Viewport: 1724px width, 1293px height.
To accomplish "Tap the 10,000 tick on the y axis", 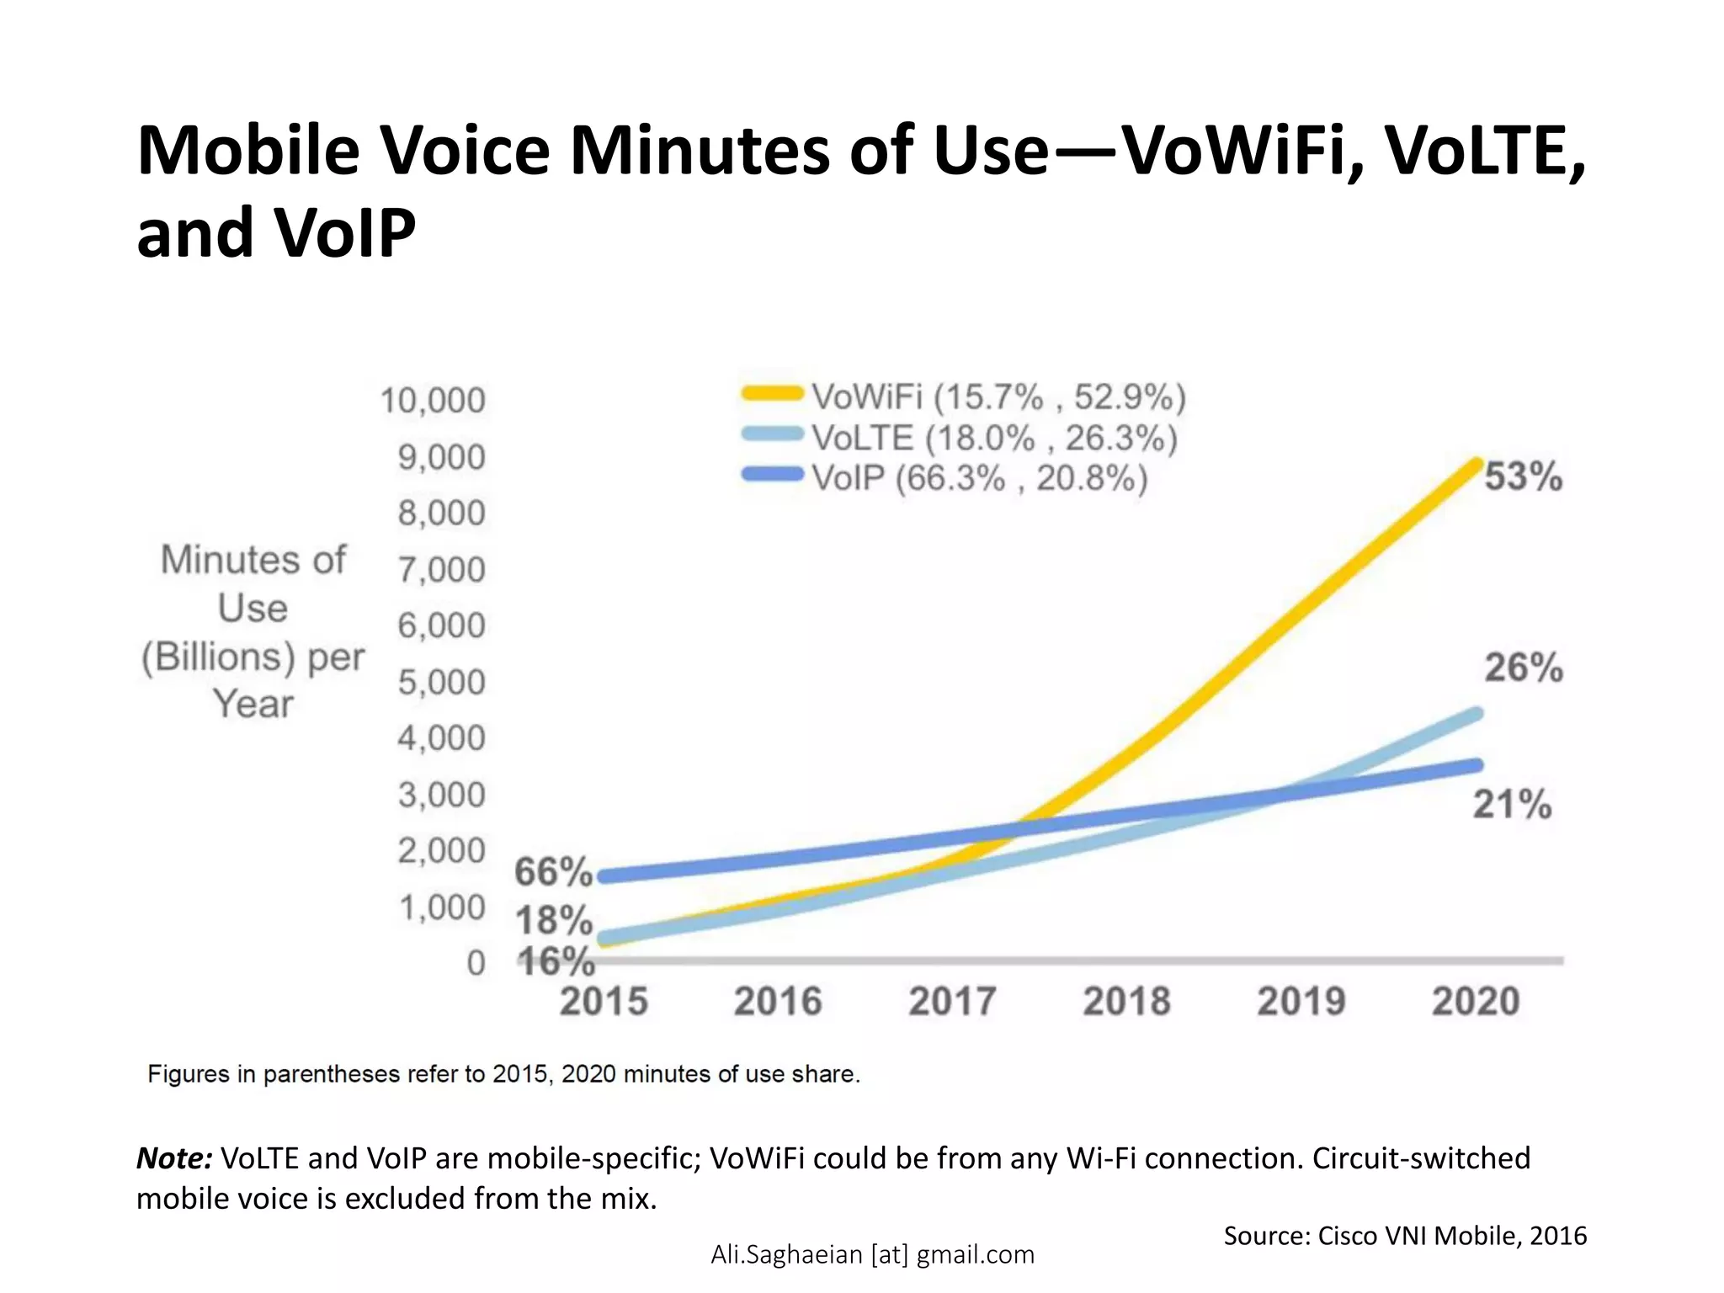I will pyautogui.click(x=433, y=401).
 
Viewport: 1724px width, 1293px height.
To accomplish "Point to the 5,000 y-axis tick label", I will pyautogui.click(x=442, y=682).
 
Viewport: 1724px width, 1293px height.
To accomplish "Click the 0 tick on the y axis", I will pyautogui.click(x=476, y=963).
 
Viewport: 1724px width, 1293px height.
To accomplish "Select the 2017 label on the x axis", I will pyautogui.click(x=952, y=1002).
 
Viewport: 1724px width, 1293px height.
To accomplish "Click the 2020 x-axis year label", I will pyautogui.click(x=1476, y=1002).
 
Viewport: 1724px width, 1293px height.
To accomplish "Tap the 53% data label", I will pyautogui.click(x=1523, y=476).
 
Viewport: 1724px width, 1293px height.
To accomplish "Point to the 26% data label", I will pyautogui.click(x=1523, y=668).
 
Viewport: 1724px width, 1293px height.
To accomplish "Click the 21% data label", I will pyautogui.click(x=1512, y=804).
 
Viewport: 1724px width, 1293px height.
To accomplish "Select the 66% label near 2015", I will pyautogui.click(x=553, y=871).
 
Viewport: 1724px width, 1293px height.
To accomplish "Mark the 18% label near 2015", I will pyautogui.click(x=554, y=920).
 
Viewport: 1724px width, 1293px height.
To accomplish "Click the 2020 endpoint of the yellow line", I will pyautogui.click(x=1475, y=464).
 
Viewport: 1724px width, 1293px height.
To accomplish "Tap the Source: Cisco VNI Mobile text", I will pyautogui.click(x=1404, y=1236).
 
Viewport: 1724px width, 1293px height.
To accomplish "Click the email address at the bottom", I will pyautogui.click(x=872, y=1254).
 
